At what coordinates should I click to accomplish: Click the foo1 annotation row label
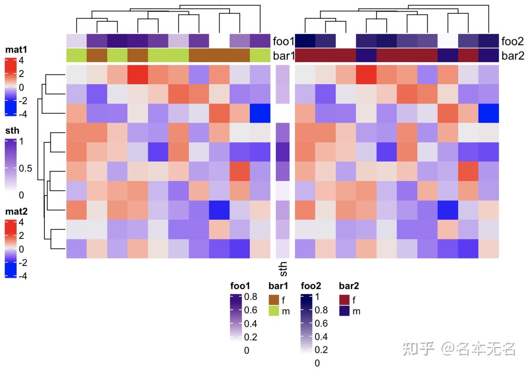283,41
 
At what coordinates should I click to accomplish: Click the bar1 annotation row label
283,56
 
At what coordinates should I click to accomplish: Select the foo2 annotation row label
512,41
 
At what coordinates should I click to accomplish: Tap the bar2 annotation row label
512,56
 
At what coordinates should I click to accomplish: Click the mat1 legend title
15,50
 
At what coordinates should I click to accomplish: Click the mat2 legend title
15,212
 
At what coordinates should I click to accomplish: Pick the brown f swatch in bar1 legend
274,299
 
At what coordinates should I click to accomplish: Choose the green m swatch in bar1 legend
274,311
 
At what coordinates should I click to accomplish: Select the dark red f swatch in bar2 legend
344,299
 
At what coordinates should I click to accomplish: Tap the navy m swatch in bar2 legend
344,311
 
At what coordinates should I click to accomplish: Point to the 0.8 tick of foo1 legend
250,296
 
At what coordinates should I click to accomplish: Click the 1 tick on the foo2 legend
317,296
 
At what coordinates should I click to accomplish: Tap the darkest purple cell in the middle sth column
283,152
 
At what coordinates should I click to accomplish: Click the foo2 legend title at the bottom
311,286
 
